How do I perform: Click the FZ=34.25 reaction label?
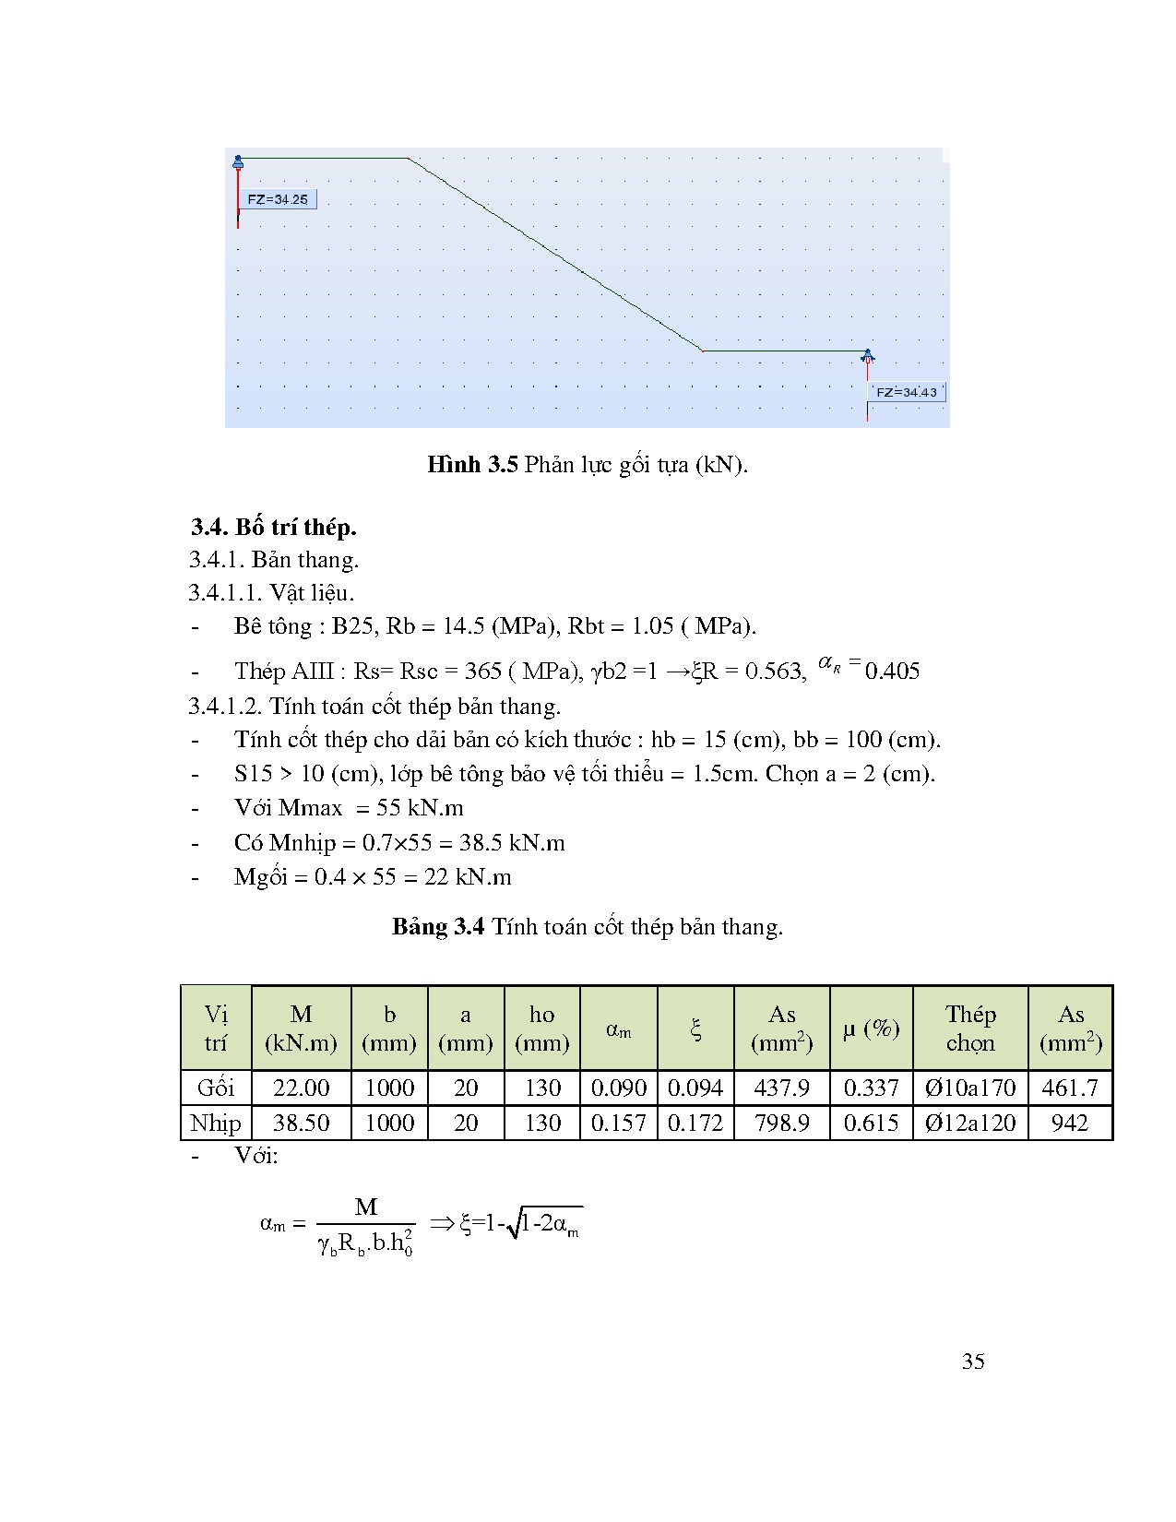click(x=278, y=199)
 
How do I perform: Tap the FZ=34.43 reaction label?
click(x=906, y=392)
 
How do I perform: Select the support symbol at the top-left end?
click(x=238, y=163)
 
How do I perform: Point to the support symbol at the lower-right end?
click(x=867, y=356)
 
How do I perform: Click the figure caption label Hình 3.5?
click(x=472, y=464)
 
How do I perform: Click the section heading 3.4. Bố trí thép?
click(x=273, y=527)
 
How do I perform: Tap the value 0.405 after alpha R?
click(x=892, y=672)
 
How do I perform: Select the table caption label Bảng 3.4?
click(x=438, y=926)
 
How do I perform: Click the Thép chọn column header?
click(x=970, y=1028)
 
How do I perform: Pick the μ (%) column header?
click(x=871, y=1028)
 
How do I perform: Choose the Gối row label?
click(x=216, y=1088)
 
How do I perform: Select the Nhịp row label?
click(x=216, y=1123)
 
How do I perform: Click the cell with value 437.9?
click(x=781, y=1088)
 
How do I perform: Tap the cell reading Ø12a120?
click(x=970, y=1123)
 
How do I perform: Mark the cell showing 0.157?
click(x=618, y=1123)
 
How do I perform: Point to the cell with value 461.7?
click(x=1070, y=1088)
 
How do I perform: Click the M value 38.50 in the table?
click(x=301, y=1123)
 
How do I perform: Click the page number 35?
click(x=973, y=1361)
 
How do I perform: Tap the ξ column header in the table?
click(x=695, y=1028)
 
